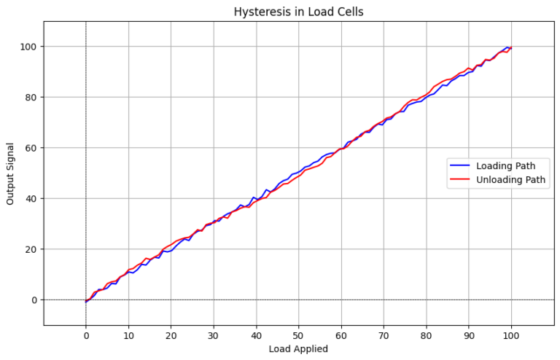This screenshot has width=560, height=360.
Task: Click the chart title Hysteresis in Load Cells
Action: pos(298,12)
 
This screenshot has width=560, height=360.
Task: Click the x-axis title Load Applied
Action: pos(298,348)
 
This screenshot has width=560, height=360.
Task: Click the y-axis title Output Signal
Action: pos(10,173)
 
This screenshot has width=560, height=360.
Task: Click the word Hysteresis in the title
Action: pos(260,12)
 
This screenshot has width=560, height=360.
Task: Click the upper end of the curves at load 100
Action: pos(510,48)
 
